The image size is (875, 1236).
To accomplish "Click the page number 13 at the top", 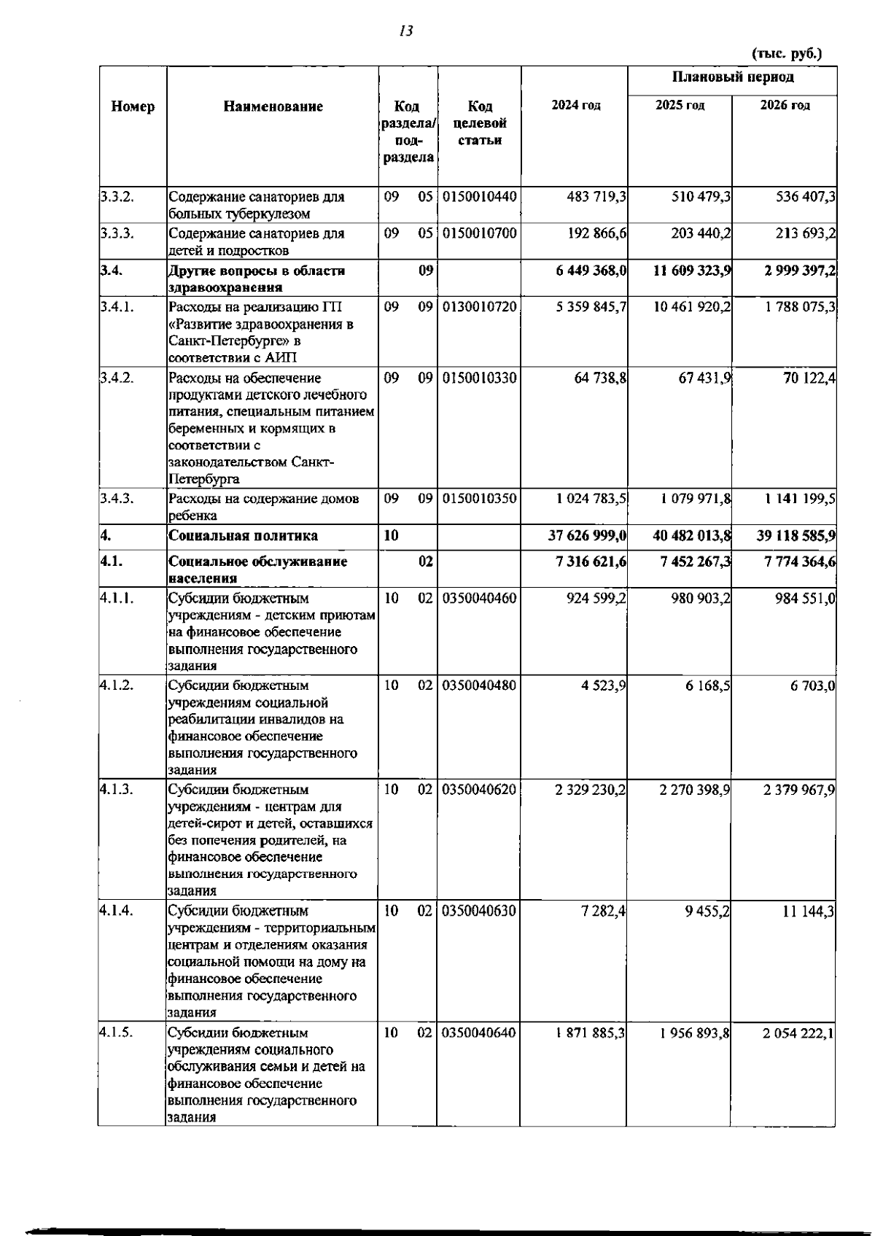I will pos(406,31).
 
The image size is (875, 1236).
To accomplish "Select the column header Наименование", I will pos(273,106).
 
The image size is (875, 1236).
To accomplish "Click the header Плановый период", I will pos(732,77).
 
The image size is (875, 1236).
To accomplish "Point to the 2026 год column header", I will pos(784,106).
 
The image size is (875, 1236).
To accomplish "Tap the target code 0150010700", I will pos(479,234).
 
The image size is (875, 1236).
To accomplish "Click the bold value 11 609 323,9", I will pos(691,271).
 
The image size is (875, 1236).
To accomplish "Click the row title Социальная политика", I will pos(243,536).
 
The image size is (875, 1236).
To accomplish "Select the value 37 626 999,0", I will pos(587,536).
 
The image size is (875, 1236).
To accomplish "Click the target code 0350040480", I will pos(479,686).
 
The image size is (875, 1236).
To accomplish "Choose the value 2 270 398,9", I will pos(695,790).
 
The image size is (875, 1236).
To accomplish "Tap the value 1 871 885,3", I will pos(590,1033).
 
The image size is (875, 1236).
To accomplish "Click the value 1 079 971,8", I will pos(696,500).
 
